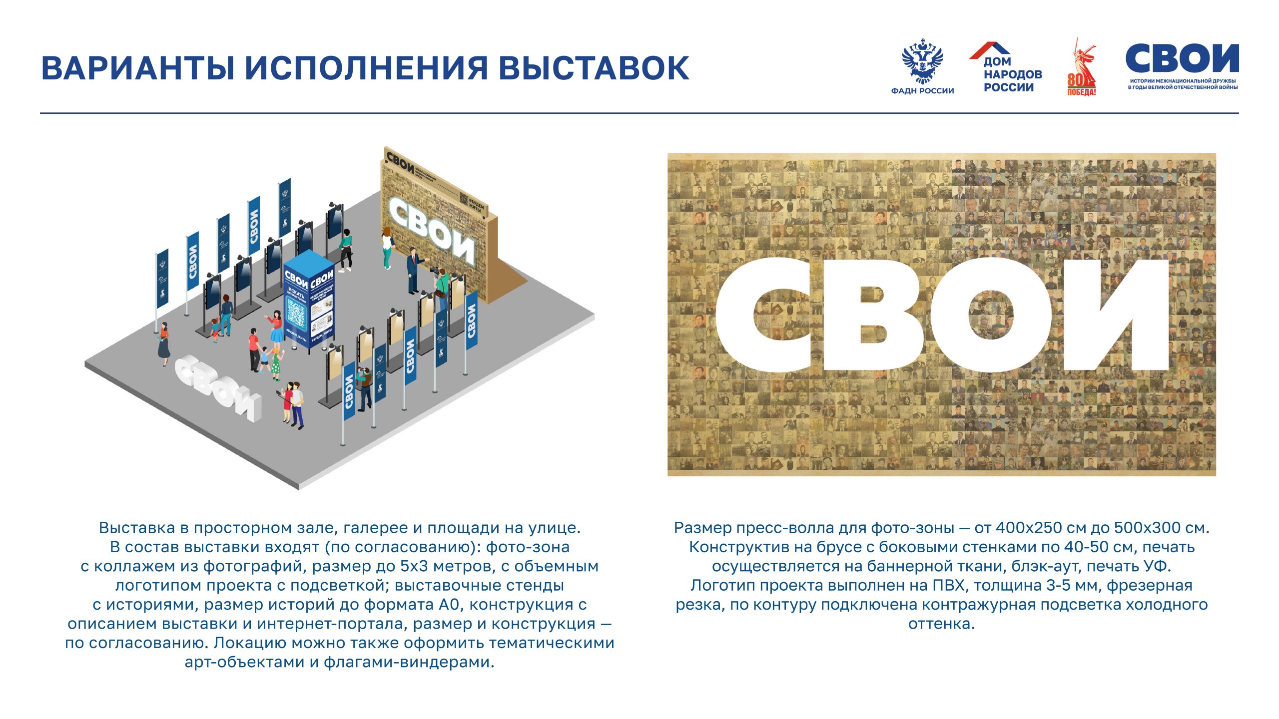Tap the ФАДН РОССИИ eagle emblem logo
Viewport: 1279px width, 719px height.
click(922, 62)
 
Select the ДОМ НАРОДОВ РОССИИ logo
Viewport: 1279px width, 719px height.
click(1006, 68)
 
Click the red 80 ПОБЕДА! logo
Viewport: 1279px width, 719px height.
click(1082, 68)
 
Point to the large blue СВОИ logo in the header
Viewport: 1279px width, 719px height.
click(1182, 59)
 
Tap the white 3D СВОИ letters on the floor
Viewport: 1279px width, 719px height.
click(217, 387)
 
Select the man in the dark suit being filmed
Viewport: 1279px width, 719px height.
click(413, 270)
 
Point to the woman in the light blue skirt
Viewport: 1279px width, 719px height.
click(275, 327)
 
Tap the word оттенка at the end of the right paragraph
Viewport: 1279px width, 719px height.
click(941, 624)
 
